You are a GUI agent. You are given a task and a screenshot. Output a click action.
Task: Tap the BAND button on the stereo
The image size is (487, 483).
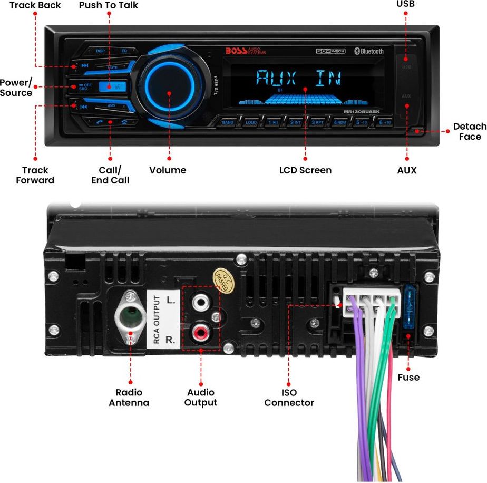tap(228, 122)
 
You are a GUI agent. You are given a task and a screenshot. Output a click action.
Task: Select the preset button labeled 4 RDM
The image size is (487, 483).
tap(340, 122)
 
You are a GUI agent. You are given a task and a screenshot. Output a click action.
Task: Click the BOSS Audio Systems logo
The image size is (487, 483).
tap(246, 51)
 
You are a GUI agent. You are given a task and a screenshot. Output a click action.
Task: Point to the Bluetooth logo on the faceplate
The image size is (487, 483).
tap(368, 51)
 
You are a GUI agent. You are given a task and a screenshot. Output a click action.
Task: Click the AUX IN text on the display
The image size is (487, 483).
tap(298, 79)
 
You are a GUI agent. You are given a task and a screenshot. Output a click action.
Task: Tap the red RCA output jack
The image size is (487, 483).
tap(201, 333)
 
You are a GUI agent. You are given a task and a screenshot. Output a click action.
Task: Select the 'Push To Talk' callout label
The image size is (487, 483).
tap(109, 5)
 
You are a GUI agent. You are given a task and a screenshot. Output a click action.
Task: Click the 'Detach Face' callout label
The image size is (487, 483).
tap(470, 131)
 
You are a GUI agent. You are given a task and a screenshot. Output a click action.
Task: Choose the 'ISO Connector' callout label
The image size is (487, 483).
tap(289, 398)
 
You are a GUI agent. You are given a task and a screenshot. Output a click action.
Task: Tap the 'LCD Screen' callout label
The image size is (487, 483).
tap(305, 170)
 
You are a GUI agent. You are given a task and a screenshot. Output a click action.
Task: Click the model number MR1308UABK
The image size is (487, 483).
tap(361, 112)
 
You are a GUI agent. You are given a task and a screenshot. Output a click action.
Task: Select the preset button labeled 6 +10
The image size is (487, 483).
tap(385, 122)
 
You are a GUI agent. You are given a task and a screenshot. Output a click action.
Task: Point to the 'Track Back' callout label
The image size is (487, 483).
tap(35, 5)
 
